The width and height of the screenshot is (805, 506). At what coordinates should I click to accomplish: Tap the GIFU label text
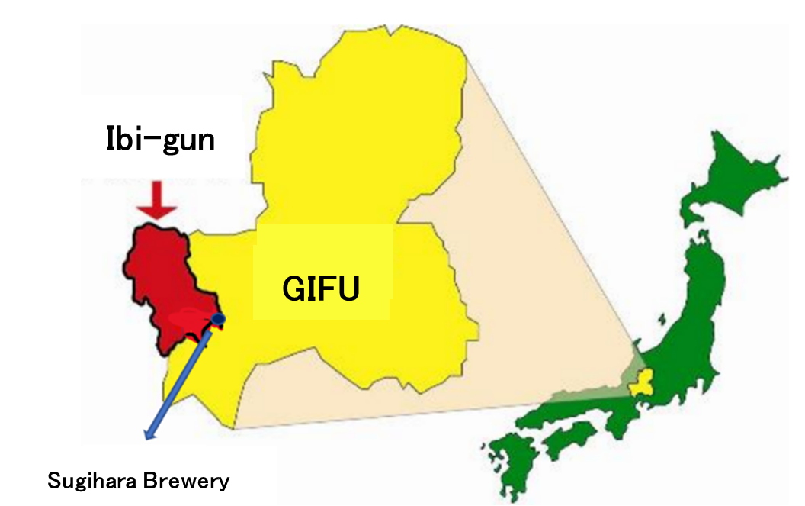coord(321,288)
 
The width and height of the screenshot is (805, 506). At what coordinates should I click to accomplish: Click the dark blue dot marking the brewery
coord(219,318)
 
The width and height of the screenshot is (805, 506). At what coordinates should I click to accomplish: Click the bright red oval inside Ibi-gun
coord(187,317)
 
